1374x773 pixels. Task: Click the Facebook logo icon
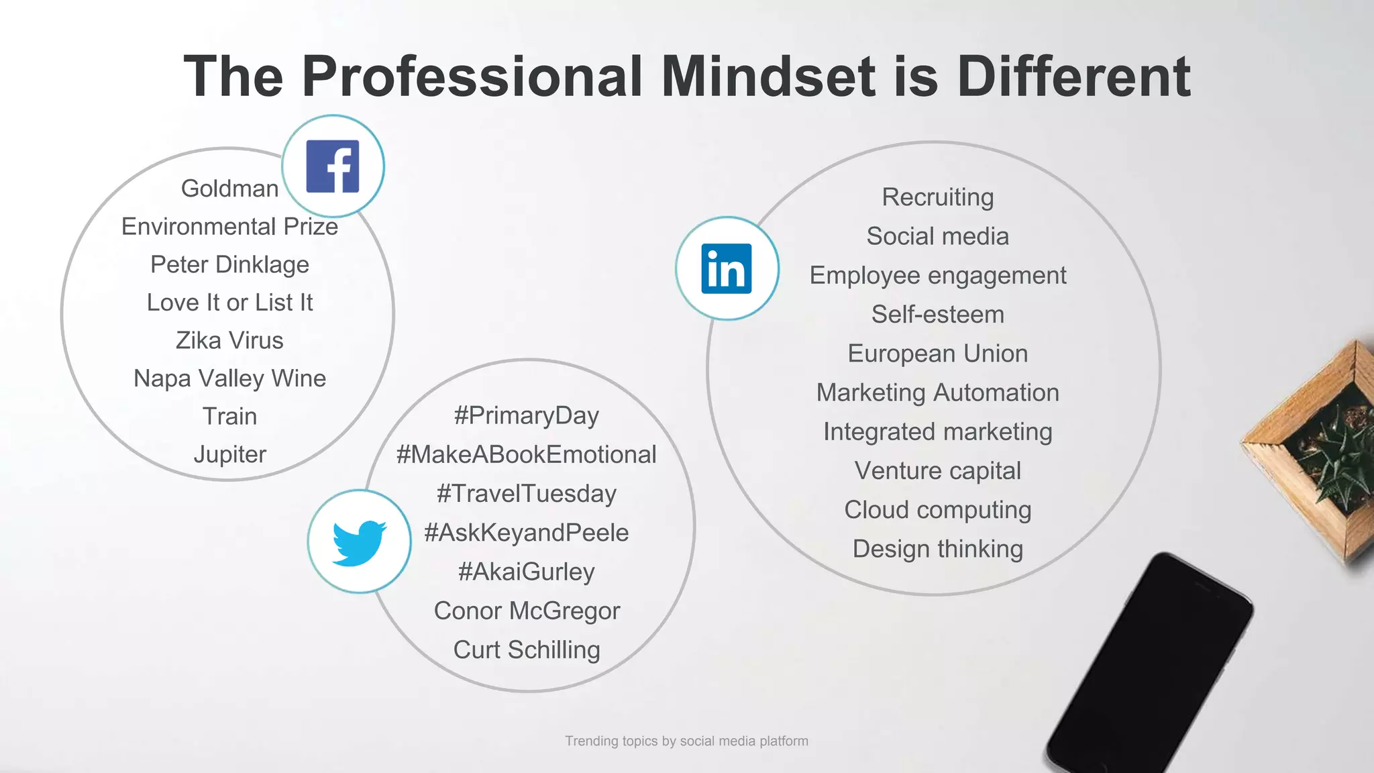pos(333,166)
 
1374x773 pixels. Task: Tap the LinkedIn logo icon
pos(727,268)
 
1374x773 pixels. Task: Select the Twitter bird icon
pos(360,542)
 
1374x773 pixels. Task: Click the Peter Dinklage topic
pos(229,264)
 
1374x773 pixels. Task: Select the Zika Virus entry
pos(229,340)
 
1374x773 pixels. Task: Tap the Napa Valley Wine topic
pos(229,378)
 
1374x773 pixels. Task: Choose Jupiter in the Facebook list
pos(229,454)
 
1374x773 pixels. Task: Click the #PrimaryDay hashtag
pos(527,415)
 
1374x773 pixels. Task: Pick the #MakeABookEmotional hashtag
pos(527,454)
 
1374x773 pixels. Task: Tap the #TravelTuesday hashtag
pos(527,493)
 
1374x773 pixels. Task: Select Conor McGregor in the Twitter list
pos(527,611)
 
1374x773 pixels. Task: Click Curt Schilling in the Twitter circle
pos(527,650)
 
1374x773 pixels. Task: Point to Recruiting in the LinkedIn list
pos(938,197)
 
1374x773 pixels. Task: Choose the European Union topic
pos(938,354)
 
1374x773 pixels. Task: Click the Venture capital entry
pos(938,470)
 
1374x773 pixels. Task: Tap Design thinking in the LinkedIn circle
pos(938,549)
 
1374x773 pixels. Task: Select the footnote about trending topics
pos(686,741)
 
